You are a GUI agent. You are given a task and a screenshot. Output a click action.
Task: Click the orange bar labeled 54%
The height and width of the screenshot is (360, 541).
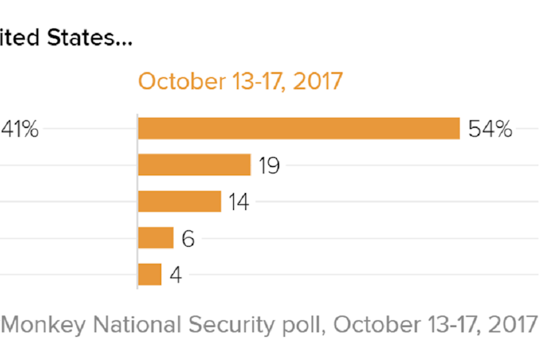click(298, 129)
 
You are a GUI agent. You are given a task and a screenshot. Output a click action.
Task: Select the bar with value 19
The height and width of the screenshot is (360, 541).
click(194, 165)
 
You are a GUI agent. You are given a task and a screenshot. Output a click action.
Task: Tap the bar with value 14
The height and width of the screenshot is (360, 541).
click(179, 202)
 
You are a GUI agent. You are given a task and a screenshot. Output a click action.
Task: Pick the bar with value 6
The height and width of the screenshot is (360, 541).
click(155, 238)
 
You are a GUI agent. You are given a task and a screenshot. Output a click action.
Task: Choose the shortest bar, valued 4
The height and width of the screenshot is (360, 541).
click(149, 274)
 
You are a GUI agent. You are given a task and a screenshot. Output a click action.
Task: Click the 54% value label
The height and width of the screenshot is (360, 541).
click(490, 129)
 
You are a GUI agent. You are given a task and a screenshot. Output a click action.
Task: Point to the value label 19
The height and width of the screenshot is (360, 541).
click(269, 166)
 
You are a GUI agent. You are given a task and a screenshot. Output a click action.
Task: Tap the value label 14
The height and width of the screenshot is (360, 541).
click(238, 202)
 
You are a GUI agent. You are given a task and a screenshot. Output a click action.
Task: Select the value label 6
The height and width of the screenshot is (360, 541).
click(188, 239)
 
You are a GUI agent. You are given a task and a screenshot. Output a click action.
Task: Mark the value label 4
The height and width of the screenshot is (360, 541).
click(176, 275)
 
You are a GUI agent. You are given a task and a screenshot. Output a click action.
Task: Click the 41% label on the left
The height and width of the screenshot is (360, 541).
click(19, 129)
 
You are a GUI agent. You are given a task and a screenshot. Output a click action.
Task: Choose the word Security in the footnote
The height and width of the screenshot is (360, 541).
click(222, 324)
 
